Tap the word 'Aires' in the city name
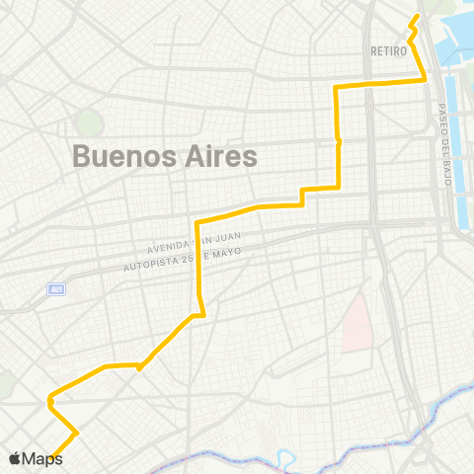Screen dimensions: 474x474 [x=215, y=157]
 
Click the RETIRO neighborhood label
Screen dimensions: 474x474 [x=390, y=50]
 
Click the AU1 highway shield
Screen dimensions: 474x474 [x=57, y=288]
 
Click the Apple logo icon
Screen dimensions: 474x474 [x=15, y=458]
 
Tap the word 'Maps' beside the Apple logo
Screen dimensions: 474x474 [x=42, y=458]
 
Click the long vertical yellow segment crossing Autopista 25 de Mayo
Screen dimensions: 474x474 [x=198, y=267]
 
